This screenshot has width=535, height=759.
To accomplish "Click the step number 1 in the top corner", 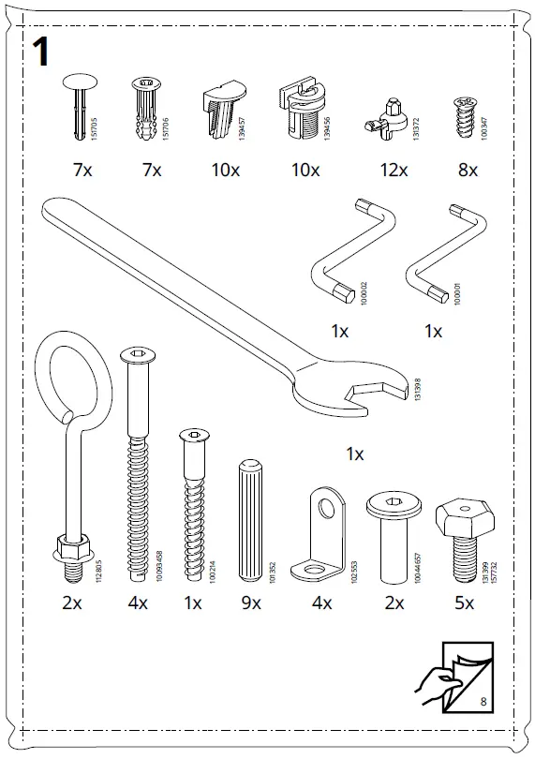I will click(x=42, y=52).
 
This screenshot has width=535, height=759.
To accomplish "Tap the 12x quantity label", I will click(x=394, y=171).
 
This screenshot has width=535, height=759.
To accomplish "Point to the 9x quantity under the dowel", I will click(x=250, y=603).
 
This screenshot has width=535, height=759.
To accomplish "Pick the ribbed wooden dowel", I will click(x=250, y=520).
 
